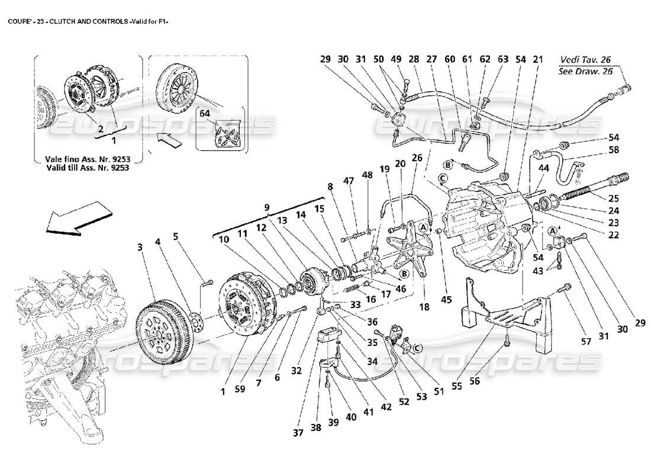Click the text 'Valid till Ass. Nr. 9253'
tap(88, 167)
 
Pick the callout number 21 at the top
tap(537, 60)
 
